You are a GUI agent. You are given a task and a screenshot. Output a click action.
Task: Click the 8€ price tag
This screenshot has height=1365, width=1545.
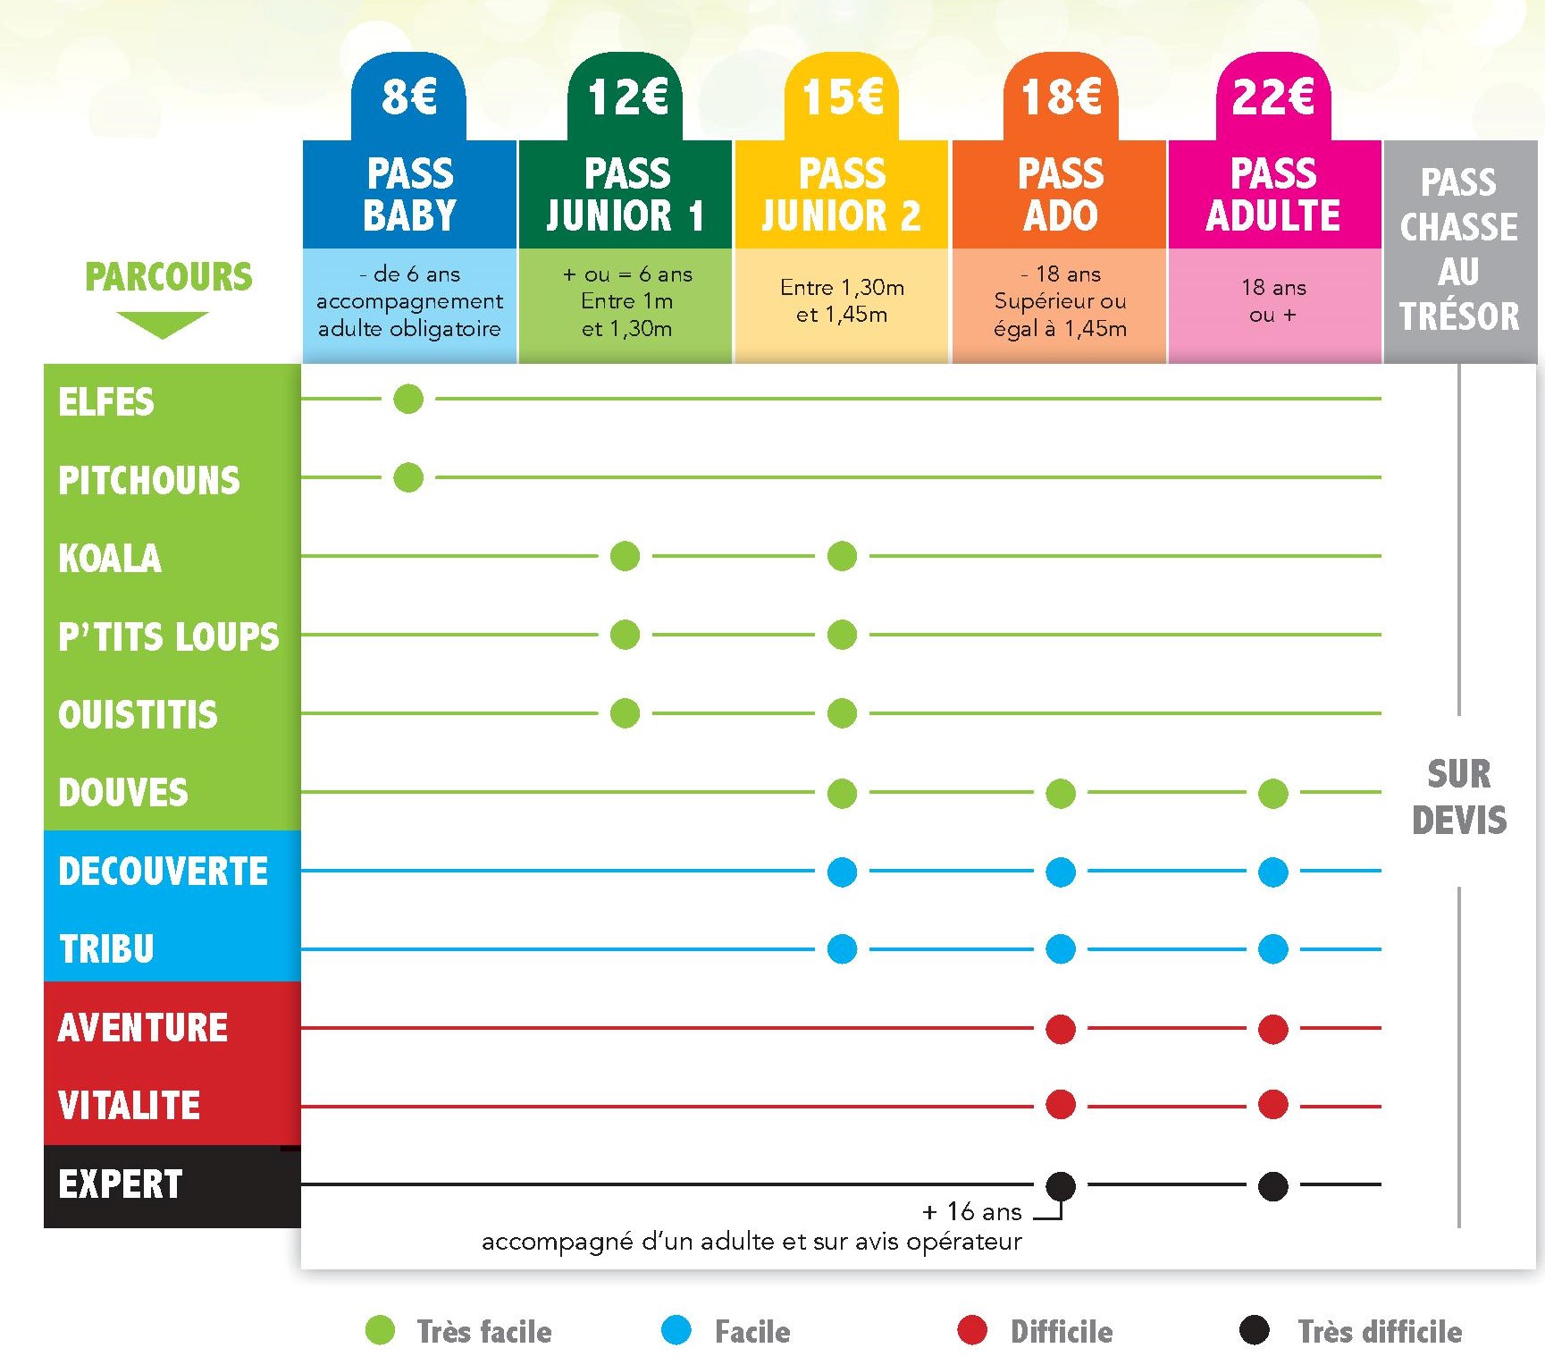pyautogui.click(x=408, y=97)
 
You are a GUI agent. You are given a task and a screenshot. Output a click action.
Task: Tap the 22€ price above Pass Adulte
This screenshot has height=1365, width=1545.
pyautogui.click(x=1272, y=97)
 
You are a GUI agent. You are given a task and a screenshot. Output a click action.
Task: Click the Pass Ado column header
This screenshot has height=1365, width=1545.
pyautogui.click(x=1060, y=194)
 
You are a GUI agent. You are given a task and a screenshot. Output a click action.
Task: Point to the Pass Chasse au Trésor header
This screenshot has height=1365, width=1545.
pyautogui.click(x=1458, y=249)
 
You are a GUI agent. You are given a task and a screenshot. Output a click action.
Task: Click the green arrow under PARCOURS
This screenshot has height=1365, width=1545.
pyautogui.click(x=162, y=324)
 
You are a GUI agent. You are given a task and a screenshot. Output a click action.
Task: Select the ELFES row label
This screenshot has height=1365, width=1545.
pyautogui.click(x=106, y=402)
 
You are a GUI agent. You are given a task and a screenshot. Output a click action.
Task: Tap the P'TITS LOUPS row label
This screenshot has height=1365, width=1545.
pyautogui.click(x=168, y=636)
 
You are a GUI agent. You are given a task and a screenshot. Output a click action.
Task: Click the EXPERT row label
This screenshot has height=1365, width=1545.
pyautogui.click(x=121, y=1184)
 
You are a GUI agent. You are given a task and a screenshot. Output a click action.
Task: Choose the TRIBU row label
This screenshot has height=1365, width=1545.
pyautogui.click(x=106, y=948)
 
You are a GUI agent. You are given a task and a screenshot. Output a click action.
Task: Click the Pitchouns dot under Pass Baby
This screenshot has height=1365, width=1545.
pyautogui.click(x=408, y=477)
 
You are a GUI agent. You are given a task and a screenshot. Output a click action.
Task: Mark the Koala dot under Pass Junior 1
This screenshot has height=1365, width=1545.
pyautogui.click(x=625, y=556)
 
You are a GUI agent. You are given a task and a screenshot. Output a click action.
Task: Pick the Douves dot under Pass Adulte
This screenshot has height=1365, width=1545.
pyautogui.click(x=1272, y=793)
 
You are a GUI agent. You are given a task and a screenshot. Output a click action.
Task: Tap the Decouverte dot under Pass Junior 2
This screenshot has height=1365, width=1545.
pyautogui.click(x=842, y=872)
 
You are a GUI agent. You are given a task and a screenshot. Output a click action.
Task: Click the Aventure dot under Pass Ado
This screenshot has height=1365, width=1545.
pyautogui.click(x=1060, y=1029)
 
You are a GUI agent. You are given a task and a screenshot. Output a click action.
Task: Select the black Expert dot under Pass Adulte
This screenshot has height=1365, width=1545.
pyautogui.click(x=1272, y=1186)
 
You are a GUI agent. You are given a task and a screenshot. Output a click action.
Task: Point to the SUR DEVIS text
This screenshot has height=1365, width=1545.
pyautogui.click(x=1458, y=796)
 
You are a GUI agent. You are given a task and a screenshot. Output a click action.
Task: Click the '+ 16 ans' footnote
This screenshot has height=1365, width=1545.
pyautogui.click(x=971, y=1212)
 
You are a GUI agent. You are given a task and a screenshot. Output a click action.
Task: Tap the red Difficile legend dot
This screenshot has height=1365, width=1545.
pyautogui.click(x=971, y=1330)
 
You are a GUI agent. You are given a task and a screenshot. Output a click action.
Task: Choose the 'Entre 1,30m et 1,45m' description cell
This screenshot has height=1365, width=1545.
pyautogui.click(x=842, y=301)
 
